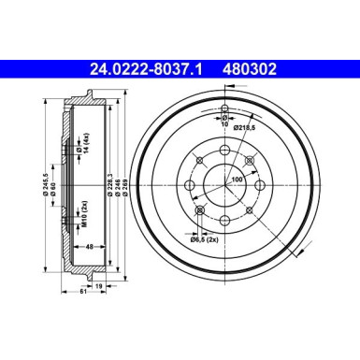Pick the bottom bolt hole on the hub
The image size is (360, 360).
pyautogui.click(x=225, y=221)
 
